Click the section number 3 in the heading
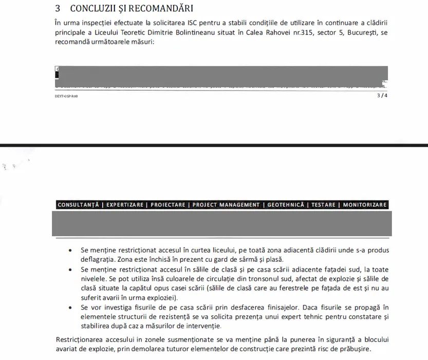pyautogui.click(x=58, y=9)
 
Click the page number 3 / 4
pyautogui.click(x=382, y=95)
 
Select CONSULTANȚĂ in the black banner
pyautogui.click(x=78, y=205)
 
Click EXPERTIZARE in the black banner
pyautogui.click(x=125, y=205)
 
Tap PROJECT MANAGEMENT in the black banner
pyautogui.click(x=226, y=205)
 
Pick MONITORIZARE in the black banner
pyautogui.click(x=365, y=205)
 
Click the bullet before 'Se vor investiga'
pyautogui.click(x=70, y=308)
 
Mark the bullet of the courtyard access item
pyautogui.click(x=70, y=250)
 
